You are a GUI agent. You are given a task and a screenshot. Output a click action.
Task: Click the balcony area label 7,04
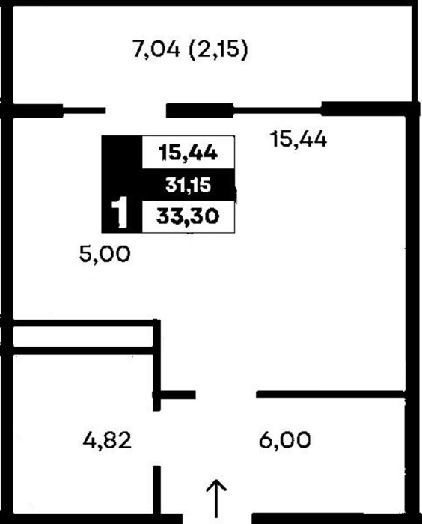point(156,49)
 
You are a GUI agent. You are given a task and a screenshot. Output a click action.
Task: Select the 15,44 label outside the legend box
point(299,139)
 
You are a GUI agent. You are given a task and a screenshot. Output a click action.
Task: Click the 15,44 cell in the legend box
point(188,153)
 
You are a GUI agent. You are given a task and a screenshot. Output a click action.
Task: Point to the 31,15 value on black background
point(188,185)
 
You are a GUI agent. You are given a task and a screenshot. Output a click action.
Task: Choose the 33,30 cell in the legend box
point(188,216)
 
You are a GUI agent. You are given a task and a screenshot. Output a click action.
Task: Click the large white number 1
point(119,213)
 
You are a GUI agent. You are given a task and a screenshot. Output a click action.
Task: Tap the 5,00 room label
point(105,254)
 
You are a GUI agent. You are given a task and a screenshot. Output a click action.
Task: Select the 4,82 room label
point(107,440)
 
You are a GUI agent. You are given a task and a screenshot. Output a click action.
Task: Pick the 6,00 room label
point(284,440)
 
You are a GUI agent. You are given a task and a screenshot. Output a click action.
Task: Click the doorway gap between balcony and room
point(136,111)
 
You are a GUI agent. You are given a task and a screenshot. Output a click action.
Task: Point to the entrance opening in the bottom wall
point(217,519)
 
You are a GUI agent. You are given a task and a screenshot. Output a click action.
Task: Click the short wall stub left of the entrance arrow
point(156,490)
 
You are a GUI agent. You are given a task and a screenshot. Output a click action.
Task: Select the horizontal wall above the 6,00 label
point(331,394)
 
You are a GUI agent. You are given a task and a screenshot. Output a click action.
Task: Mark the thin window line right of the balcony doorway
point(278,109)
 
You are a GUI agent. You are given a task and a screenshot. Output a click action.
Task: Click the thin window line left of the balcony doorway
point(85,110)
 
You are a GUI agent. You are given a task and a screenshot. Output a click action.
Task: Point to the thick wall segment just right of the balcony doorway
point(200,111)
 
